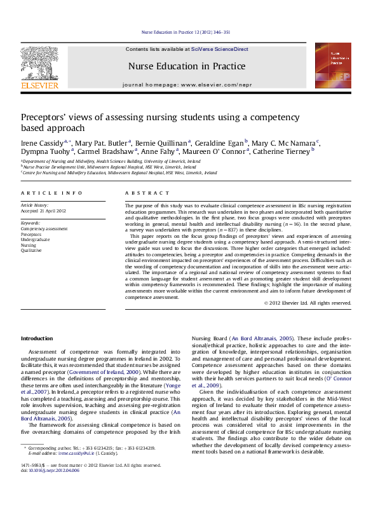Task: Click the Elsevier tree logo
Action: click(x=39, y=63)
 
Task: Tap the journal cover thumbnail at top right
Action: click(x=332, y=66)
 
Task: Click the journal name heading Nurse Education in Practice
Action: click(x=187, y=66)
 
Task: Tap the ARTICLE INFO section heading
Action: click(x=51, y=193)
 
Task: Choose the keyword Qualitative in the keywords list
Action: click(x=32, y=250)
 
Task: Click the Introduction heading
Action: click(x=37, y=338)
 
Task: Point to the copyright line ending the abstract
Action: click(x=307, y=303)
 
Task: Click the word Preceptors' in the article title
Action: click(x=45, y=118)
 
